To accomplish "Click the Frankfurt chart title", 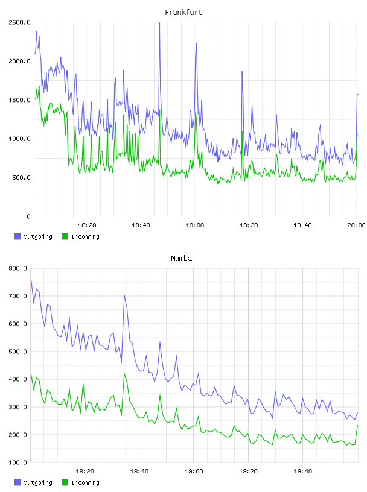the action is click(183, 12).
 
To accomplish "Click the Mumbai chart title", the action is click(183, 258).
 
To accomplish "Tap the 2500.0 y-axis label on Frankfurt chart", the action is click(19, 22).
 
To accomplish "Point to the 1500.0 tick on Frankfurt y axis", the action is click(19, 99).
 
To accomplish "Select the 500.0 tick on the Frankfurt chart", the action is click(21, 178).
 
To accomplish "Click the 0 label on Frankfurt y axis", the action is click(28, 216).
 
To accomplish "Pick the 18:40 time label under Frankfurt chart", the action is click(141, 225).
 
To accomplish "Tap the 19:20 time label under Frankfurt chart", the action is click(249, 225).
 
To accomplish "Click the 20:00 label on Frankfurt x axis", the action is click(356, 225).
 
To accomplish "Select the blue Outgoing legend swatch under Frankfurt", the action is click(18, 236).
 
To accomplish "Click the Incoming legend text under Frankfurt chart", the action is click(85, 236).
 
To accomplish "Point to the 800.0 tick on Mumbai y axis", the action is click(18, 268).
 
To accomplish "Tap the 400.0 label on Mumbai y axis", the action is click(18, 379).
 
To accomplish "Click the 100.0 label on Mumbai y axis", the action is click(18, 462).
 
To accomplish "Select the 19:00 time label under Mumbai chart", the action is click(194, 471).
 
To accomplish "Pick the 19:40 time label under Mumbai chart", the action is click(303, 471).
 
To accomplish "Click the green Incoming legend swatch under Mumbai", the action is click(65, 482).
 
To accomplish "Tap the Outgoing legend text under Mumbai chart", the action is click(37, 482).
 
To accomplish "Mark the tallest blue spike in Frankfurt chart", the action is click(159, 23).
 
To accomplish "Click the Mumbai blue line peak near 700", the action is click(124, 295).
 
